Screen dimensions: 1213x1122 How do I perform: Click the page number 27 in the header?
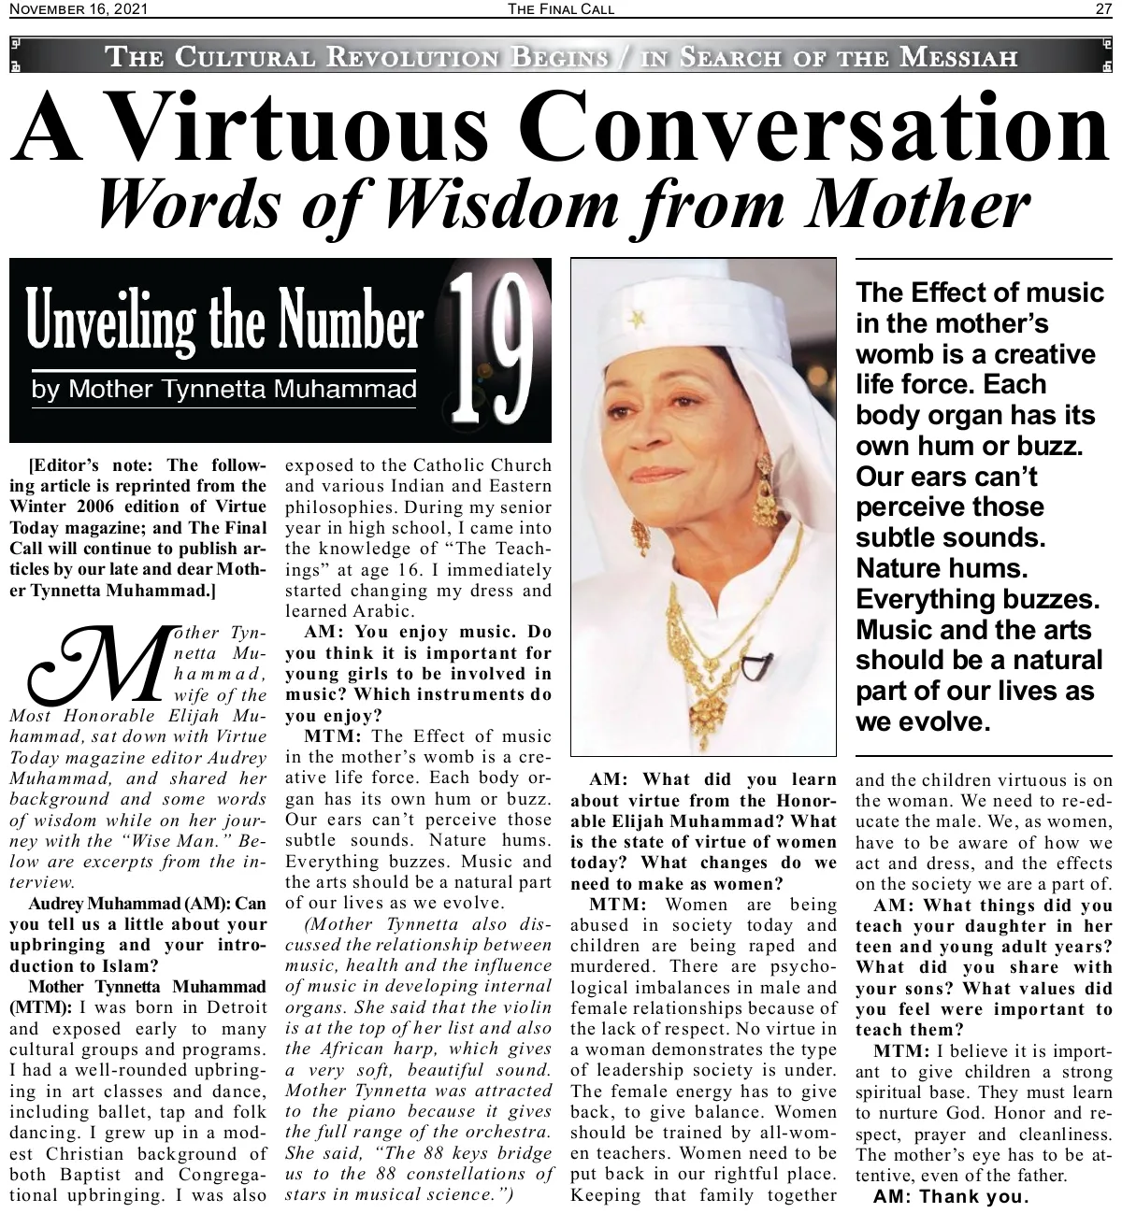coord(1103,9)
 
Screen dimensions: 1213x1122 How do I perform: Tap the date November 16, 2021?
coord(78,9)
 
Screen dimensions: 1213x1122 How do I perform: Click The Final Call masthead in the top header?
coord(560,9)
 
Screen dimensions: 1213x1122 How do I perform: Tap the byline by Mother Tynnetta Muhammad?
coord(223,389)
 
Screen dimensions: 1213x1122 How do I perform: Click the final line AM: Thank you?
coord(950,1196)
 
